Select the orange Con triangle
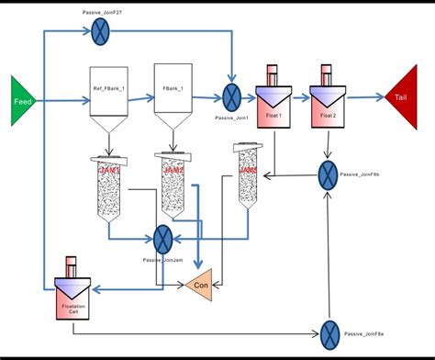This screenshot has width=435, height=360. (199, 285)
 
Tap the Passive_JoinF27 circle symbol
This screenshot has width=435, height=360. (100, 33)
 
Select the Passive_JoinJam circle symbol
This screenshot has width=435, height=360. (164, 239)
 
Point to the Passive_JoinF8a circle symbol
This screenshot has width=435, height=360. (329, 331)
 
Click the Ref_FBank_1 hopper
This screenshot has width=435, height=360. (108, 96)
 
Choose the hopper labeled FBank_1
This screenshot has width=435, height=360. (173, 96)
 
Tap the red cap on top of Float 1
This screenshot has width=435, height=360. (272, 73)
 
